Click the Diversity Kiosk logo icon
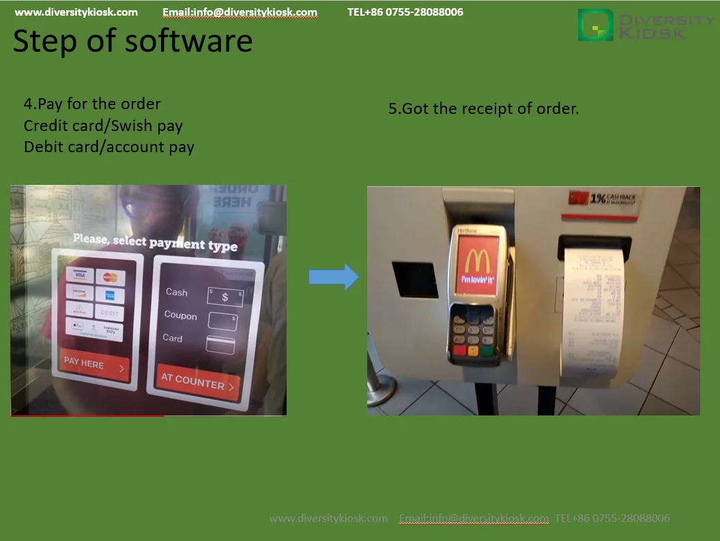click(x=596, y=25)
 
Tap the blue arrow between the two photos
click(x=333, y=277)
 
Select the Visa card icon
click(x=80, y=275)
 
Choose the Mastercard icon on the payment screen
click(x=111, y=278)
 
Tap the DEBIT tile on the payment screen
click(x=110, y=312)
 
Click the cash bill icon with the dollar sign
click(x=225, y=297)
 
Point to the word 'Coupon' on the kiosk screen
click(x=180, y=316)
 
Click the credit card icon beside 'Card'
click(x=220, y=345)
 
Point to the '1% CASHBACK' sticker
click(x=603, y=199)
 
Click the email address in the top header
click(x=240, y=12)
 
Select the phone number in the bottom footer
click(x=612, y=518)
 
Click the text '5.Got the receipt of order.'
click(x=483, y=108)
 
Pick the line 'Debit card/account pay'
click(x=109, y=147)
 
